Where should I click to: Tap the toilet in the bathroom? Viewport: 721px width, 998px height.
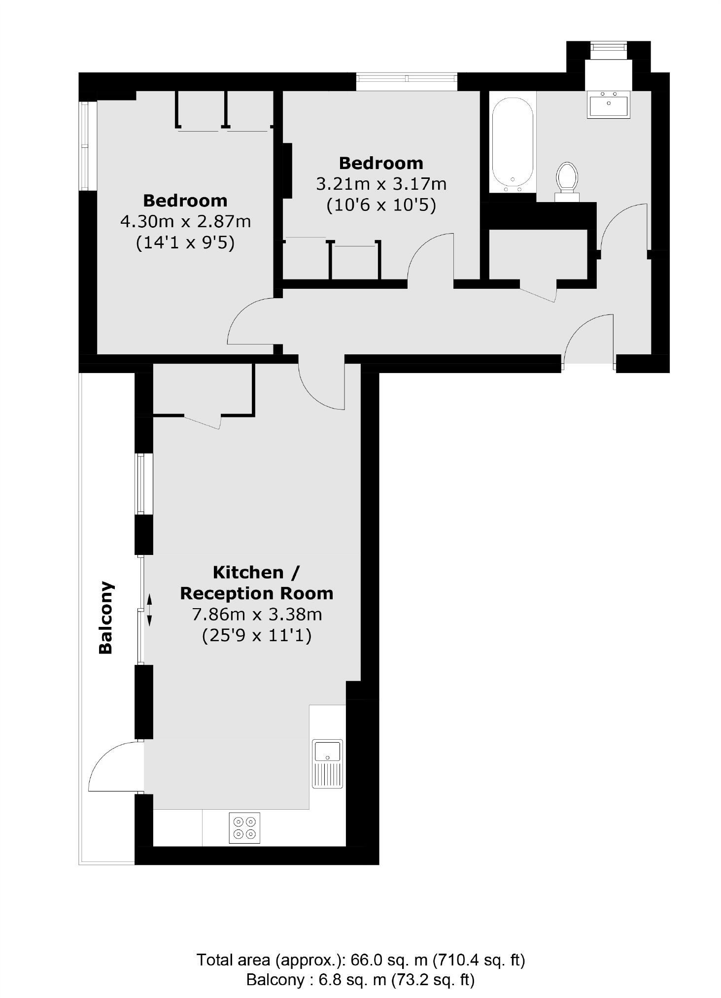(567, 178)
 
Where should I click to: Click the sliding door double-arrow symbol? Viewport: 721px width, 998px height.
(149, 610)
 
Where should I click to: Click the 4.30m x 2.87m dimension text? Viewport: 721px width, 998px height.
(185, 222)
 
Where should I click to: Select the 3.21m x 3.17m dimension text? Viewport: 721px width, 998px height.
(381, 184)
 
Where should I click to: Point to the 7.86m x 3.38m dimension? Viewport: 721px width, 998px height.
(256, 615)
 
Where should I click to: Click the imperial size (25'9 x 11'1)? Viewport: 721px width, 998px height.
(256, 636)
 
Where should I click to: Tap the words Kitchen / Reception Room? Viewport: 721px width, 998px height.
(256, 583)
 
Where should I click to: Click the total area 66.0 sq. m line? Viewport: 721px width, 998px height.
(360, 960)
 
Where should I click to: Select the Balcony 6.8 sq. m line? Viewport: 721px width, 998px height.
(360, 979)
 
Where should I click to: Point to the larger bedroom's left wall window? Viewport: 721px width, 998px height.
(85, 146)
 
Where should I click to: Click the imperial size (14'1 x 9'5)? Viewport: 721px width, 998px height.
(185, 243)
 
